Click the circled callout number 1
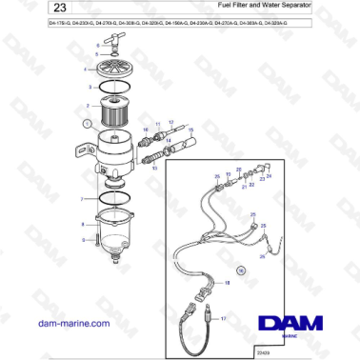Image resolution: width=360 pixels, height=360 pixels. tap(87, 123)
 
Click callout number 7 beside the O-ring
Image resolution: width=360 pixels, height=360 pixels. tap(83, 199)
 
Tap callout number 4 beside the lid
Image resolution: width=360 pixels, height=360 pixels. tap(86, 69)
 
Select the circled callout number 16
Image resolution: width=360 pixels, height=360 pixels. tap(242, 270)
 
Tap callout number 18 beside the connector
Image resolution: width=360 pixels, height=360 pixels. tap(228, 283)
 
